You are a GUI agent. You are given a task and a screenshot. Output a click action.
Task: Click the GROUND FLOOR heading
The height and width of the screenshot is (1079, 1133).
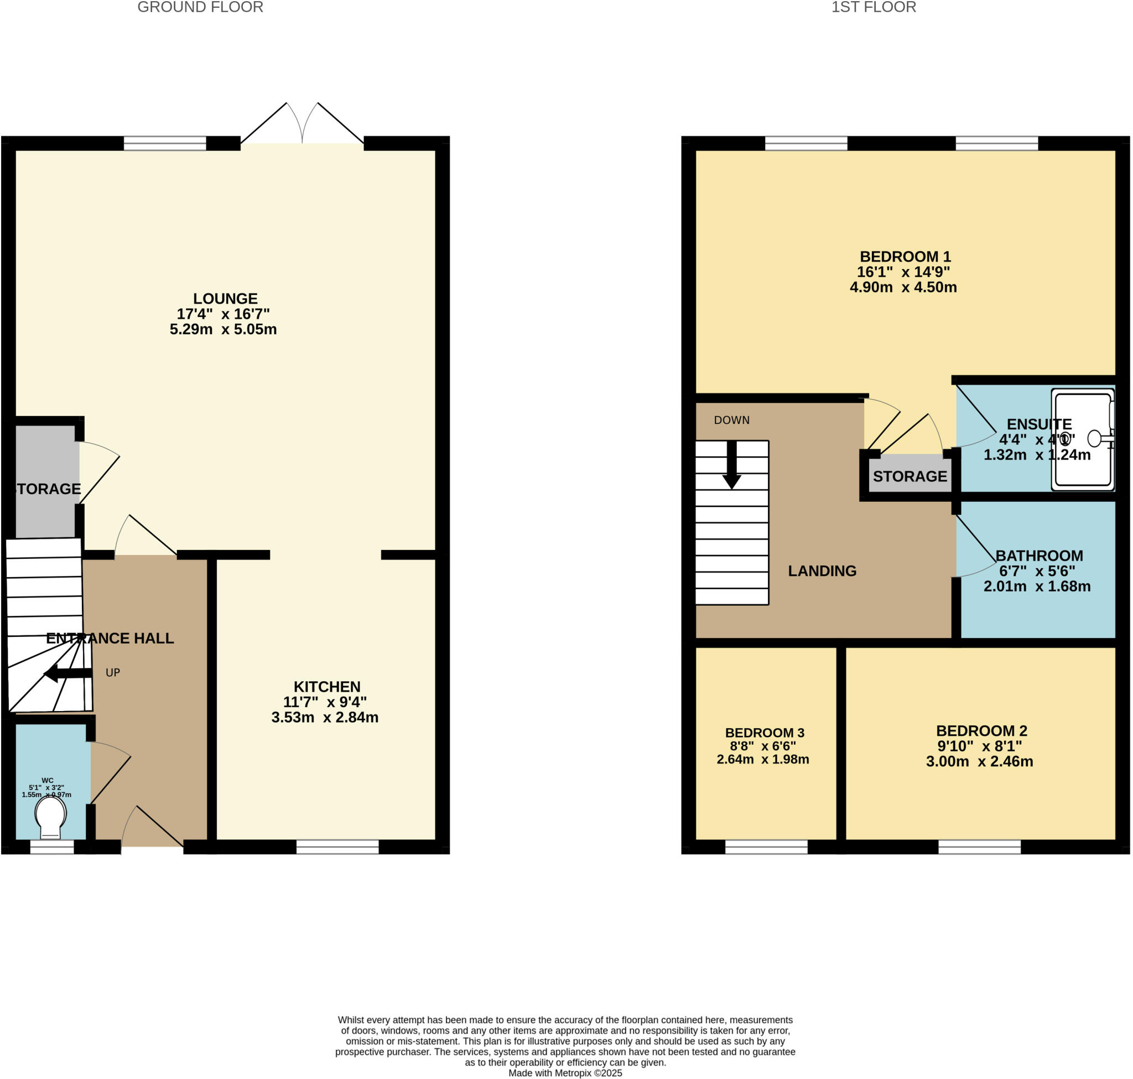tap(200, 8)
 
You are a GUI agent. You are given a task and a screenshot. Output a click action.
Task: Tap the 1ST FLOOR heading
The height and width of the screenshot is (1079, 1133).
tap(873, 8)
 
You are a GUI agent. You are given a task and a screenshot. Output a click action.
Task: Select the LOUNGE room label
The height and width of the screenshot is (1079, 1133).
tap(225, 298)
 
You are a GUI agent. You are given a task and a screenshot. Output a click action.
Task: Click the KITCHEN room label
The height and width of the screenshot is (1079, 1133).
tap(326, 687)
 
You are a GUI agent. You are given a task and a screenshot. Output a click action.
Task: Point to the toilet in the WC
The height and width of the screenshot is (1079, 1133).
tap(50, 816)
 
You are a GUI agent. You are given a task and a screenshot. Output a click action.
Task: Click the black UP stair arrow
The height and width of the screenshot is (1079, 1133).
tap(67, 673)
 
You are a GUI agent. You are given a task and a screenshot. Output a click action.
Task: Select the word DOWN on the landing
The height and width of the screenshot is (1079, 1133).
tap(731, 421)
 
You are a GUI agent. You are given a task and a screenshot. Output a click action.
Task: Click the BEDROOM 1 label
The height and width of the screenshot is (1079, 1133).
tap(905, 257)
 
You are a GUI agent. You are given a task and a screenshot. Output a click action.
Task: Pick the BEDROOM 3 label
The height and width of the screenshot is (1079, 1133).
tap(765, 733)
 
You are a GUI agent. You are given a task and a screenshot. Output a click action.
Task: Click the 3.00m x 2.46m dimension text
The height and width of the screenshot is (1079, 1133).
tap(979, 761)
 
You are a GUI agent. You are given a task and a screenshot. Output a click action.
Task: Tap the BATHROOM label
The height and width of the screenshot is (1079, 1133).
tap(1039, 556)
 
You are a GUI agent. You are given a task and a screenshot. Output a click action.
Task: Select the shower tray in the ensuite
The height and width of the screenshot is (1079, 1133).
tap(1083, 440)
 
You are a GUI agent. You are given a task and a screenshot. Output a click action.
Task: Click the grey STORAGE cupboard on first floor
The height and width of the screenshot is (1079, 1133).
tap(909, 476)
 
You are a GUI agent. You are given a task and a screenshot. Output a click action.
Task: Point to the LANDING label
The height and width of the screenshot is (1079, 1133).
tap(822, 570)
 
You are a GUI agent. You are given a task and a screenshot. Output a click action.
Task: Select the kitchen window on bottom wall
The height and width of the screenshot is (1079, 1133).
tap(337, 847)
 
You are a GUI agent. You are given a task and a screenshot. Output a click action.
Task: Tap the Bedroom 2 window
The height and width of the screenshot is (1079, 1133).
tap(979, 847)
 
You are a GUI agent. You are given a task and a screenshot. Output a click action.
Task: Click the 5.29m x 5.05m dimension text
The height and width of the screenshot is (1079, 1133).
tap(223, 330)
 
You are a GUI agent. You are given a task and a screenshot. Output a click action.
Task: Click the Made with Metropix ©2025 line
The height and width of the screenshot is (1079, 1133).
tap(565, 1073)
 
